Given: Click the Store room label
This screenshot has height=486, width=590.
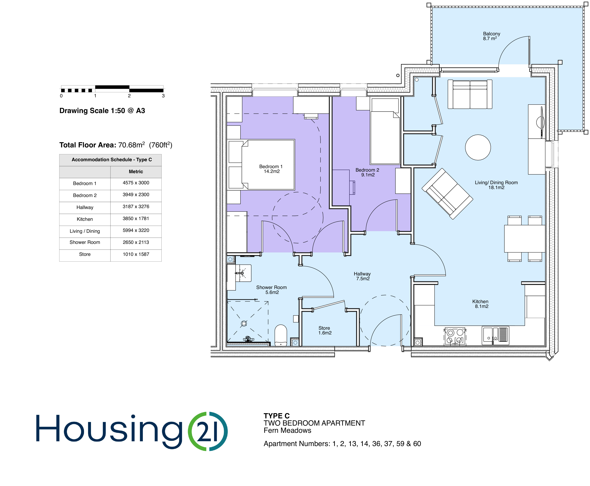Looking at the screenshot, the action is [324, 330].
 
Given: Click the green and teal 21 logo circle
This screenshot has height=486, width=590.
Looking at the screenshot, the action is [208, 431].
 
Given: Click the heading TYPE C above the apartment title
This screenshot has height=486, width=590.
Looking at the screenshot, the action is [276, 416].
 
